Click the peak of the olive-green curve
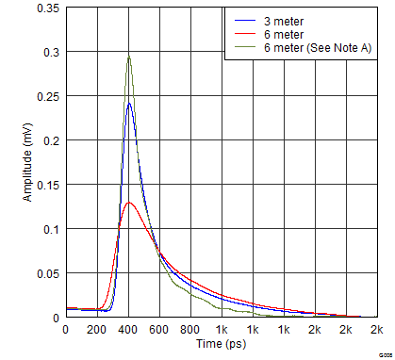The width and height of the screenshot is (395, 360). (x=128, y=57)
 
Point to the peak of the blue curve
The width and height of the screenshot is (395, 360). (x=129, y=104)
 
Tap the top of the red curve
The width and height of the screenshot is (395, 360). (x=129, y=202)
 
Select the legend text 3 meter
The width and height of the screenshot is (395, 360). (x=283, y=18)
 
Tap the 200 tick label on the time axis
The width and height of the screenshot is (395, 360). (x=95, y=330)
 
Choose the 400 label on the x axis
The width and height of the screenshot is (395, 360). (x=127, y=330)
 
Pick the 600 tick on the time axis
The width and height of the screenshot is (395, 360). (x=158, y=330)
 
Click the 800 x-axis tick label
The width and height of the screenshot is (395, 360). (x=189, y=330)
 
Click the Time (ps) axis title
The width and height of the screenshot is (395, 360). (x=220, y=346)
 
